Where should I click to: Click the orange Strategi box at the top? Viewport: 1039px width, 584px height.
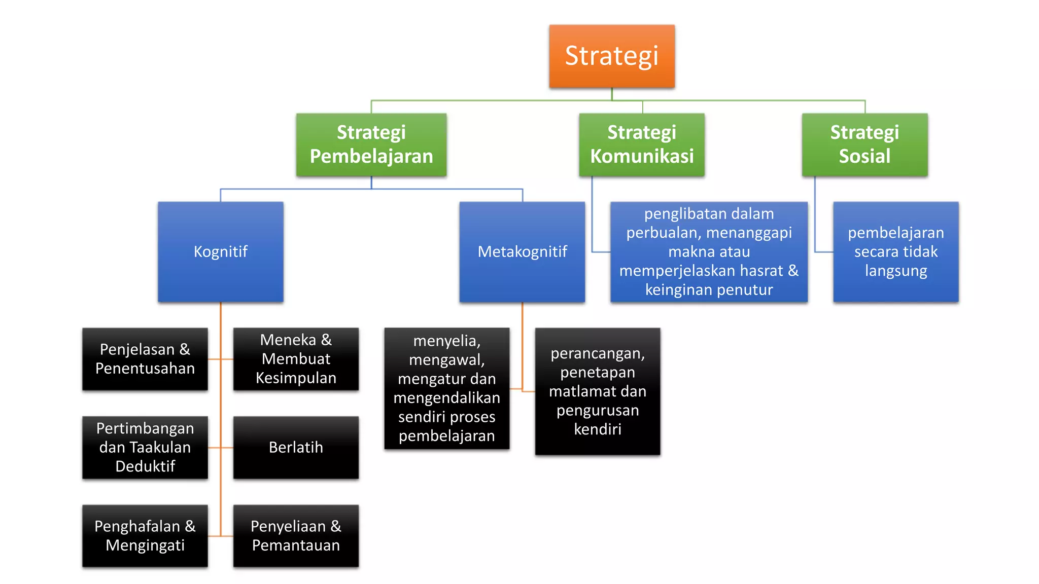[612, 56]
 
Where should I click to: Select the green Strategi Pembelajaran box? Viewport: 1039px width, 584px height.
[371, 144]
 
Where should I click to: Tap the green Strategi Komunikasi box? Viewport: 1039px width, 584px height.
[642, 144]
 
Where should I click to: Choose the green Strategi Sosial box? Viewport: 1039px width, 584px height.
[864, 144]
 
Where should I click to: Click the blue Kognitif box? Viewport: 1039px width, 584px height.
[220, 251]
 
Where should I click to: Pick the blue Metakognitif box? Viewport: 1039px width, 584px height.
[522, 251]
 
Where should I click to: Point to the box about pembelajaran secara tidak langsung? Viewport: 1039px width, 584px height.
[895, 251]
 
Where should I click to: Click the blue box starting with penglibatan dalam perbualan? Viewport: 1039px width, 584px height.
[709, 251]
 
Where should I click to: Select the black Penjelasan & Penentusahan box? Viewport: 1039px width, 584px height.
[145, 359]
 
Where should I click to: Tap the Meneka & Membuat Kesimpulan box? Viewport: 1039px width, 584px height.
[296, 359]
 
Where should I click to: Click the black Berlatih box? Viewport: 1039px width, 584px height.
[296, 447]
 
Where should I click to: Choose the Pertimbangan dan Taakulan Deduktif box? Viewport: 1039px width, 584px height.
[145, 447]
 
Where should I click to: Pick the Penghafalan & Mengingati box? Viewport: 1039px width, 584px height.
[145, 536]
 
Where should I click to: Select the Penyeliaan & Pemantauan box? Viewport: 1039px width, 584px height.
[296, 536]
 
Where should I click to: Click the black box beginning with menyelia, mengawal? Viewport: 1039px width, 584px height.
[446, 388]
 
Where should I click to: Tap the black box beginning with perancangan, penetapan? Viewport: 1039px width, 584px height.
[598, 391]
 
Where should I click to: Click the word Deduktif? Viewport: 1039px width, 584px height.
[145, 466]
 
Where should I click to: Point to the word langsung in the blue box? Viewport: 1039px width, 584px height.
[895, 271]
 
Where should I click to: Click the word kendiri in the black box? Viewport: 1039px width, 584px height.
[598, 429]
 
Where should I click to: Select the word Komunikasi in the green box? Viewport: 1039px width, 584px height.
[642, 156]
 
